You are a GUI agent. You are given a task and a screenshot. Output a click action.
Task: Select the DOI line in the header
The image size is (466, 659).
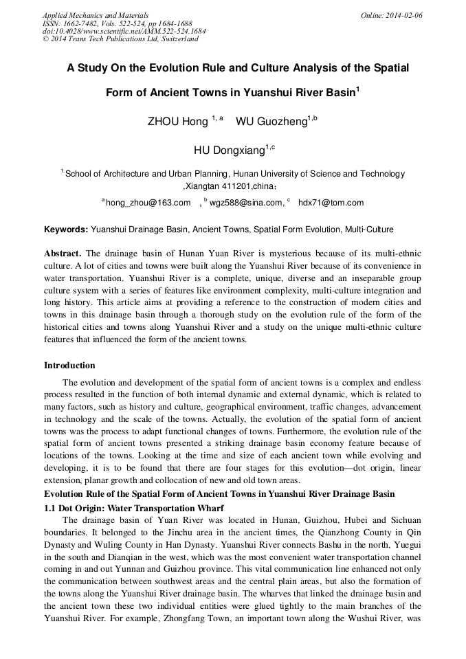[x=124, y=31]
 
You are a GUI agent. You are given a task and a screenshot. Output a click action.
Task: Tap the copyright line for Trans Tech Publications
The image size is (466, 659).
[x=120, y=39]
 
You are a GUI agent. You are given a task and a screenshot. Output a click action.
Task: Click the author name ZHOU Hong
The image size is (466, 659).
[x=177, y=122]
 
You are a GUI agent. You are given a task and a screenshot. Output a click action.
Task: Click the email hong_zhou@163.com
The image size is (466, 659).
[x=148, y=203]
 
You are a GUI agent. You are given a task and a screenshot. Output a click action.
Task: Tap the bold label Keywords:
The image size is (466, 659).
[x=66, y=229]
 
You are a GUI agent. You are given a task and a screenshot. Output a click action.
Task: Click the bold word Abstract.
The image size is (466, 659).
[x=63, y=254]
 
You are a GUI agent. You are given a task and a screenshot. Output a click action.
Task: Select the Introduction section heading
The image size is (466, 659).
[x=69, y=365]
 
